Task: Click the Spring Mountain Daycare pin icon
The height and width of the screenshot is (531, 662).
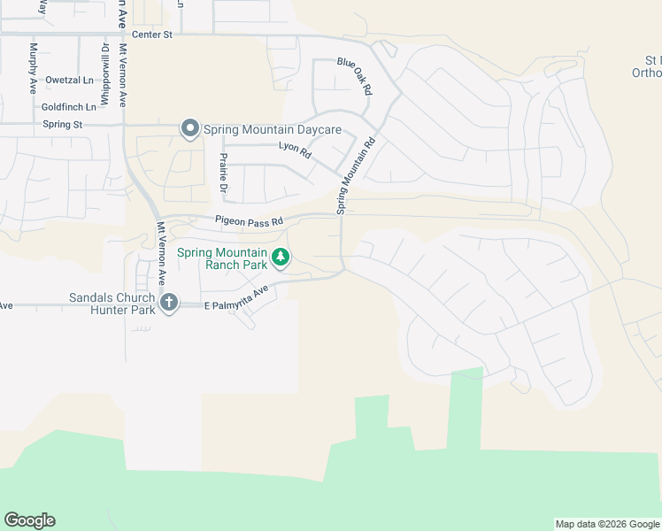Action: click(x=189, y=129)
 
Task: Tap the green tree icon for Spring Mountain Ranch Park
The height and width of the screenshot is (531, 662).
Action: click(x=281, y=258)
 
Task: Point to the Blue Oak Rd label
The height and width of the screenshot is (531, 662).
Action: click(x=354, y=76)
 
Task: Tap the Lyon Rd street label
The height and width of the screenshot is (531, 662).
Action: click(x=295, y=151)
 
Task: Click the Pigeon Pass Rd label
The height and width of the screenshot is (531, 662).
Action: click(x=248, y=220)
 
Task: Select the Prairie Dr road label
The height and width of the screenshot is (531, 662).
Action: click(x=223, y=173)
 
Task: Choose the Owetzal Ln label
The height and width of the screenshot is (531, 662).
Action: click(x=69, y=80)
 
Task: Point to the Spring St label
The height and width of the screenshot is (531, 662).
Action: click(x=62, y=125)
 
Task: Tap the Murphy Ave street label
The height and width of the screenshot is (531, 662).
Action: click(x=33, y=68)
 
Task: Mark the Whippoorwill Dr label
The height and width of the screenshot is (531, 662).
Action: click(x=104, y=75)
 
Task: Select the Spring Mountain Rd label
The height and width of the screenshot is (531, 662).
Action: click(x=356, y=174)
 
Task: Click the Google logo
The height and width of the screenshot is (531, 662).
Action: click(x=29, y=520)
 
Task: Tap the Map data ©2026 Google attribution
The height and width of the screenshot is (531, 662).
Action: click(x=607, y=525)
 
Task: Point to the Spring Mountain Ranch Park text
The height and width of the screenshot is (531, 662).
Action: click(x=225, y=258)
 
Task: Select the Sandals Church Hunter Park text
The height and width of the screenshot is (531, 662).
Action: click(x=111, y=304)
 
